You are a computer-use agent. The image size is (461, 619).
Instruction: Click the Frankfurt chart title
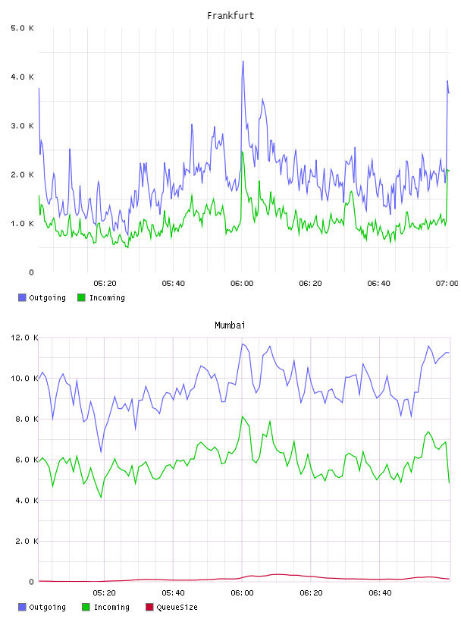(x=230, y=16)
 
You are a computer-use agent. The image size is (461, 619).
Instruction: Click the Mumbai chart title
(x=230, y=325)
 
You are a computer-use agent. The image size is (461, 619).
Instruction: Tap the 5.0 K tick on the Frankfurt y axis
(x=23, y=28)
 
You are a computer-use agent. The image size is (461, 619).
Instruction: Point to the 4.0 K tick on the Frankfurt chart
(x=23, y=77)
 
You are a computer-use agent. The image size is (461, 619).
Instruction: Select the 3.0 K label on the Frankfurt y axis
(x=23, y=126)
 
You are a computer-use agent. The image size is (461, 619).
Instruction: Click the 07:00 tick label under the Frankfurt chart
(x=447, y=284)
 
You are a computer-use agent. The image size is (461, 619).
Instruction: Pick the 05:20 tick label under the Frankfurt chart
(x=105, y=284)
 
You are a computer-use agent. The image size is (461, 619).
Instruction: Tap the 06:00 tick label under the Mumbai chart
(x=242, y=593)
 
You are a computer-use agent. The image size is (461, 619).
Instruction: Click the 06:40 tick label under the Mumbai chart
(x=380, y=593)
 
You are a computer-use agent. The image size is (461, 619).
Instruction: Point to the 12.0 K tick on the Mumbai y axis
(x=24, y=338)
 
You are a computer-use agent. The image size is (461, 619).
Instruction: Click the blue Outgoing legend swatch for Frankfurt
(x=22, y=297)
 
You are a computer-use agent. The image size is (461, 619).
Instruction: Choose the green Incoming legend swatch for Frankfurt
(x=81, y=297)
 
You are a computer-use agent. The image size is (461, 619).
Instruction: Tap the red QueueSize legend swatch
(x=149, y=607)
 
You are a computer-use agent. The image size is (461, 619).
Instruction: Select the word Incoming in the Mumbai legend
(x=111, y=607)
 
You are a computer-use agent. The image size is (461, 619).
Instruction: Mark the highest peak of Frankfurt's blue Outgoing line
(x=243, y=61)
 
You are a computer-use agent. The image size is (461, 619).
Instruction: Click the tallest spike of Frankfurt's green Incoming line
(x=242, y=152)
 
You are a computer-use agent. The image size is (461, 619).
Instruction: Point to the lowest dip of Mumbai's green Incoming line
(x=101, y=497)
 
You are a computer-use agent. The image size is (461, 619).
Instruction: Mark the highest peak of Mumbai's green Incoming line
(x=243, y=416)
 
